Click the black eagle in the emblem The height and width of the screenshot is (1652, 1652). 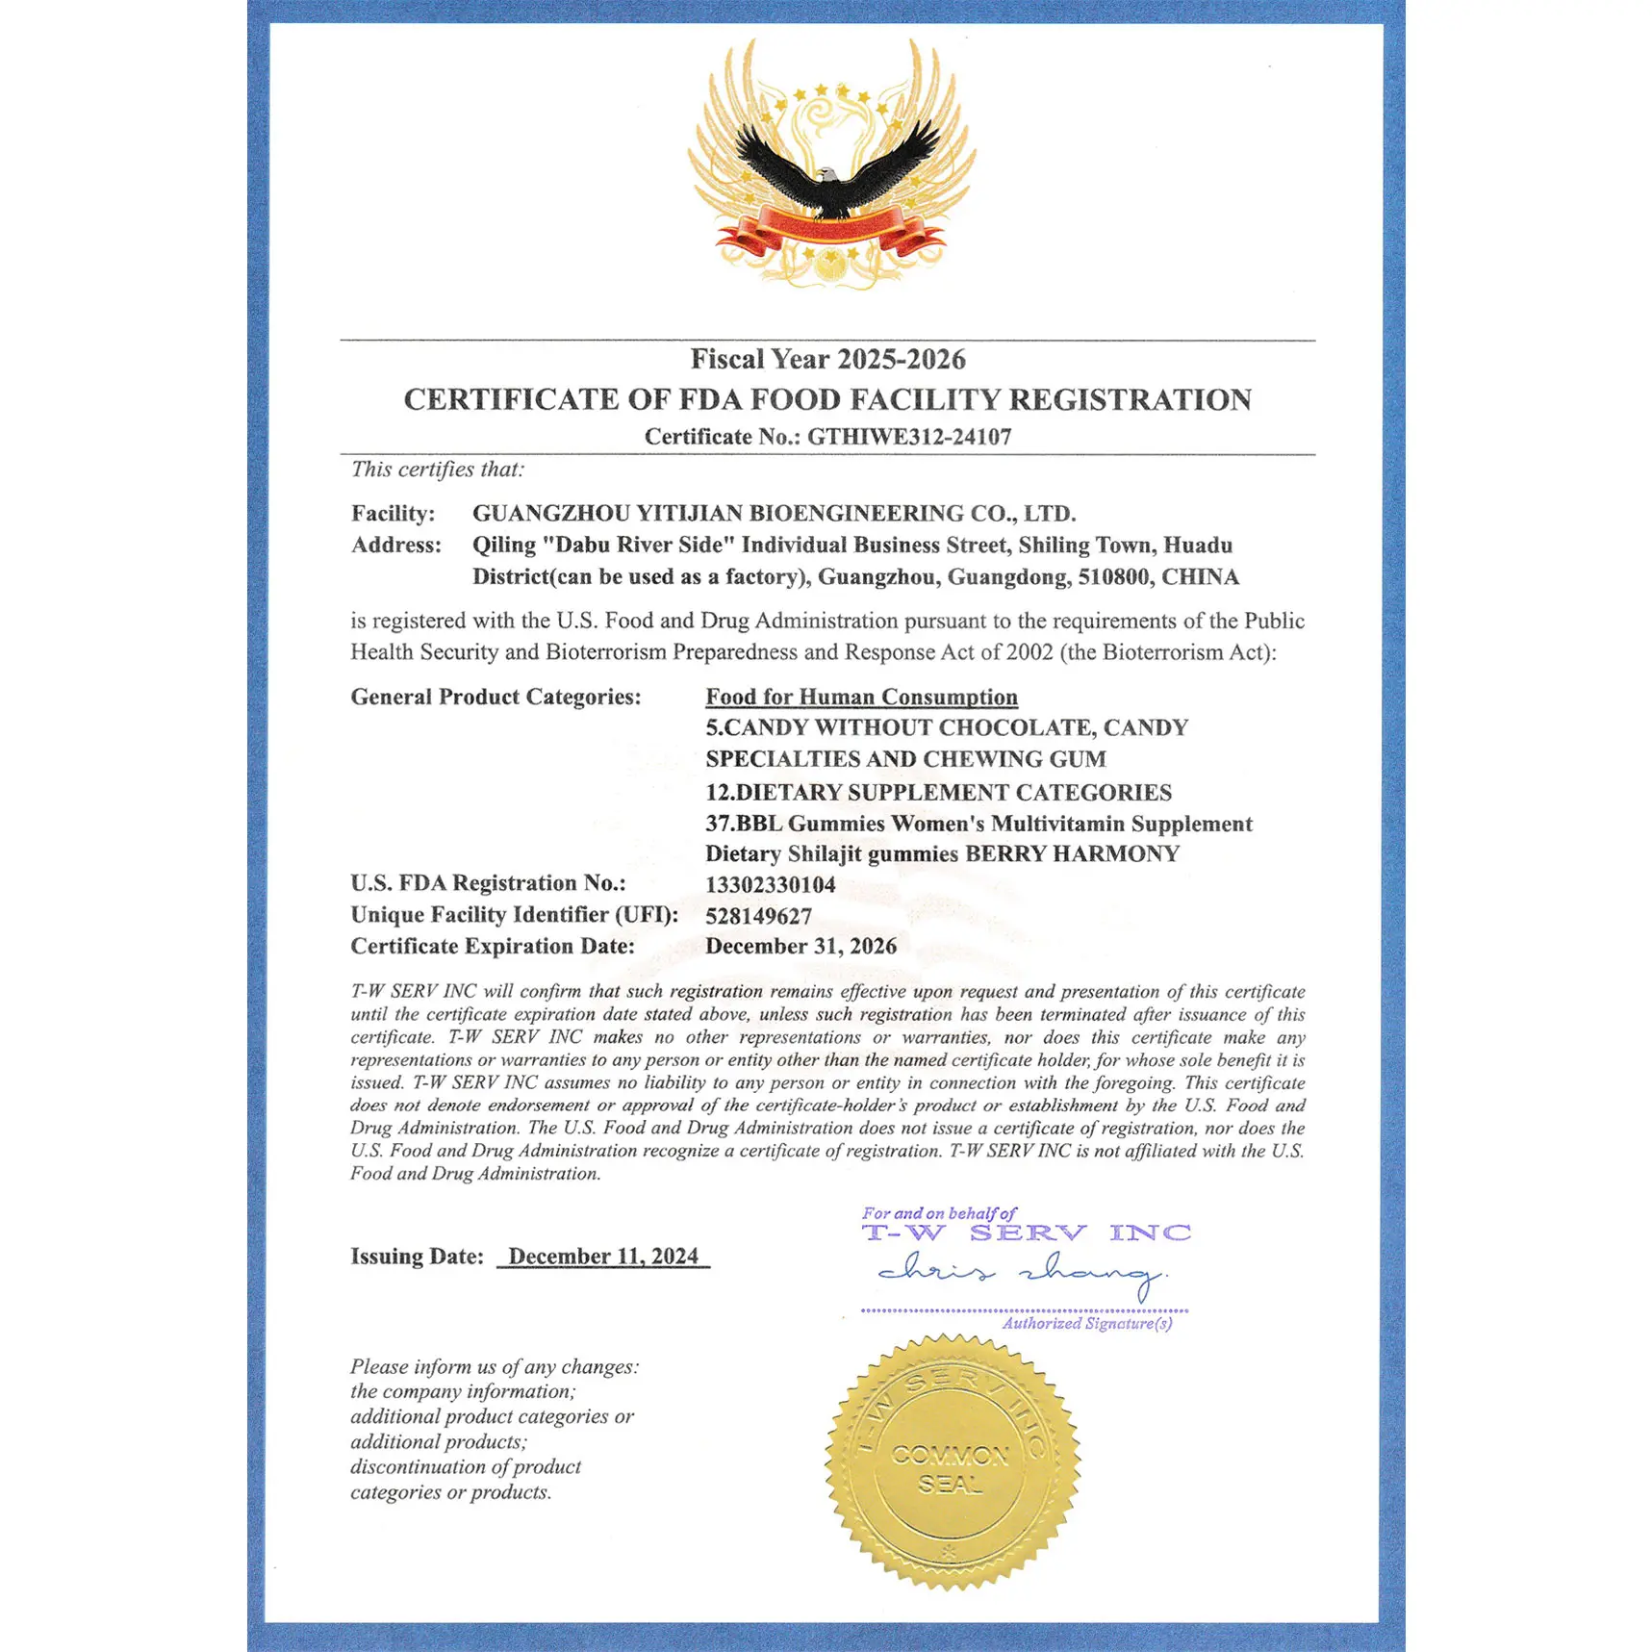833,173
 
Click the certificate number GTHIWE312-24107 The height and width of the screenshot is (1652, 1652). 909,437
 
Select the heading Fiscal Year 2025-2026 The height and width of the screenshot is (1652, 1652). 827,359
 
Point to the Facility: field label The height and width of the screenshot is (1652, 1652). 393,513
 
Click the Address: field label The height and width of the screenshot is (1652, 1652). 395,545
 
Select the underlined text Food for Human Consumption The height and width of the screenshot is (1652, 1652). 861,697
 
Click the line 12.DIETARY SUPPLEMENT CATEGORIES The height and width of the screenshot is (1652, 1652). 938,792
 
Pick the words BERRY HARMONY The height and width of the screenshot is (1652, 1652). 1072,853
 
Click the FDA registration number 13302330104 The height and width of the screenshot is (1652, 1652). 770,884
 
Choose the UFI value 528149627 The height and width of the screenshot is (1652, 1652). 758,916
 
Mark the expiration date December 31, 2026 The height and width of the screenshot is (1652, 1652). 801,946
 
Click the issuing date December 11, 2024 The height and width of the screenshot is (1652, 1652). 603,1256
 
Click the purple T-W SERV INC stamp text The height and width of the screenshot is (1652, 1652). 1026,1233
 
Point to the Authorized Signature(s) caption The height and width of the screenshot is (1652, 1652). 1086,1324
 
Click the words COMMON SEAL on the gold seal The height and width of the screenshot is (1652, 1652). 950,1468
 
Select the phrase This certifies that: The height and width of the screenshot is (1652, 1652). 437,470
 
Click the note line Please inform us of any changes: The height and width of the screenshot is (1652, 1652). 494,1366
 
